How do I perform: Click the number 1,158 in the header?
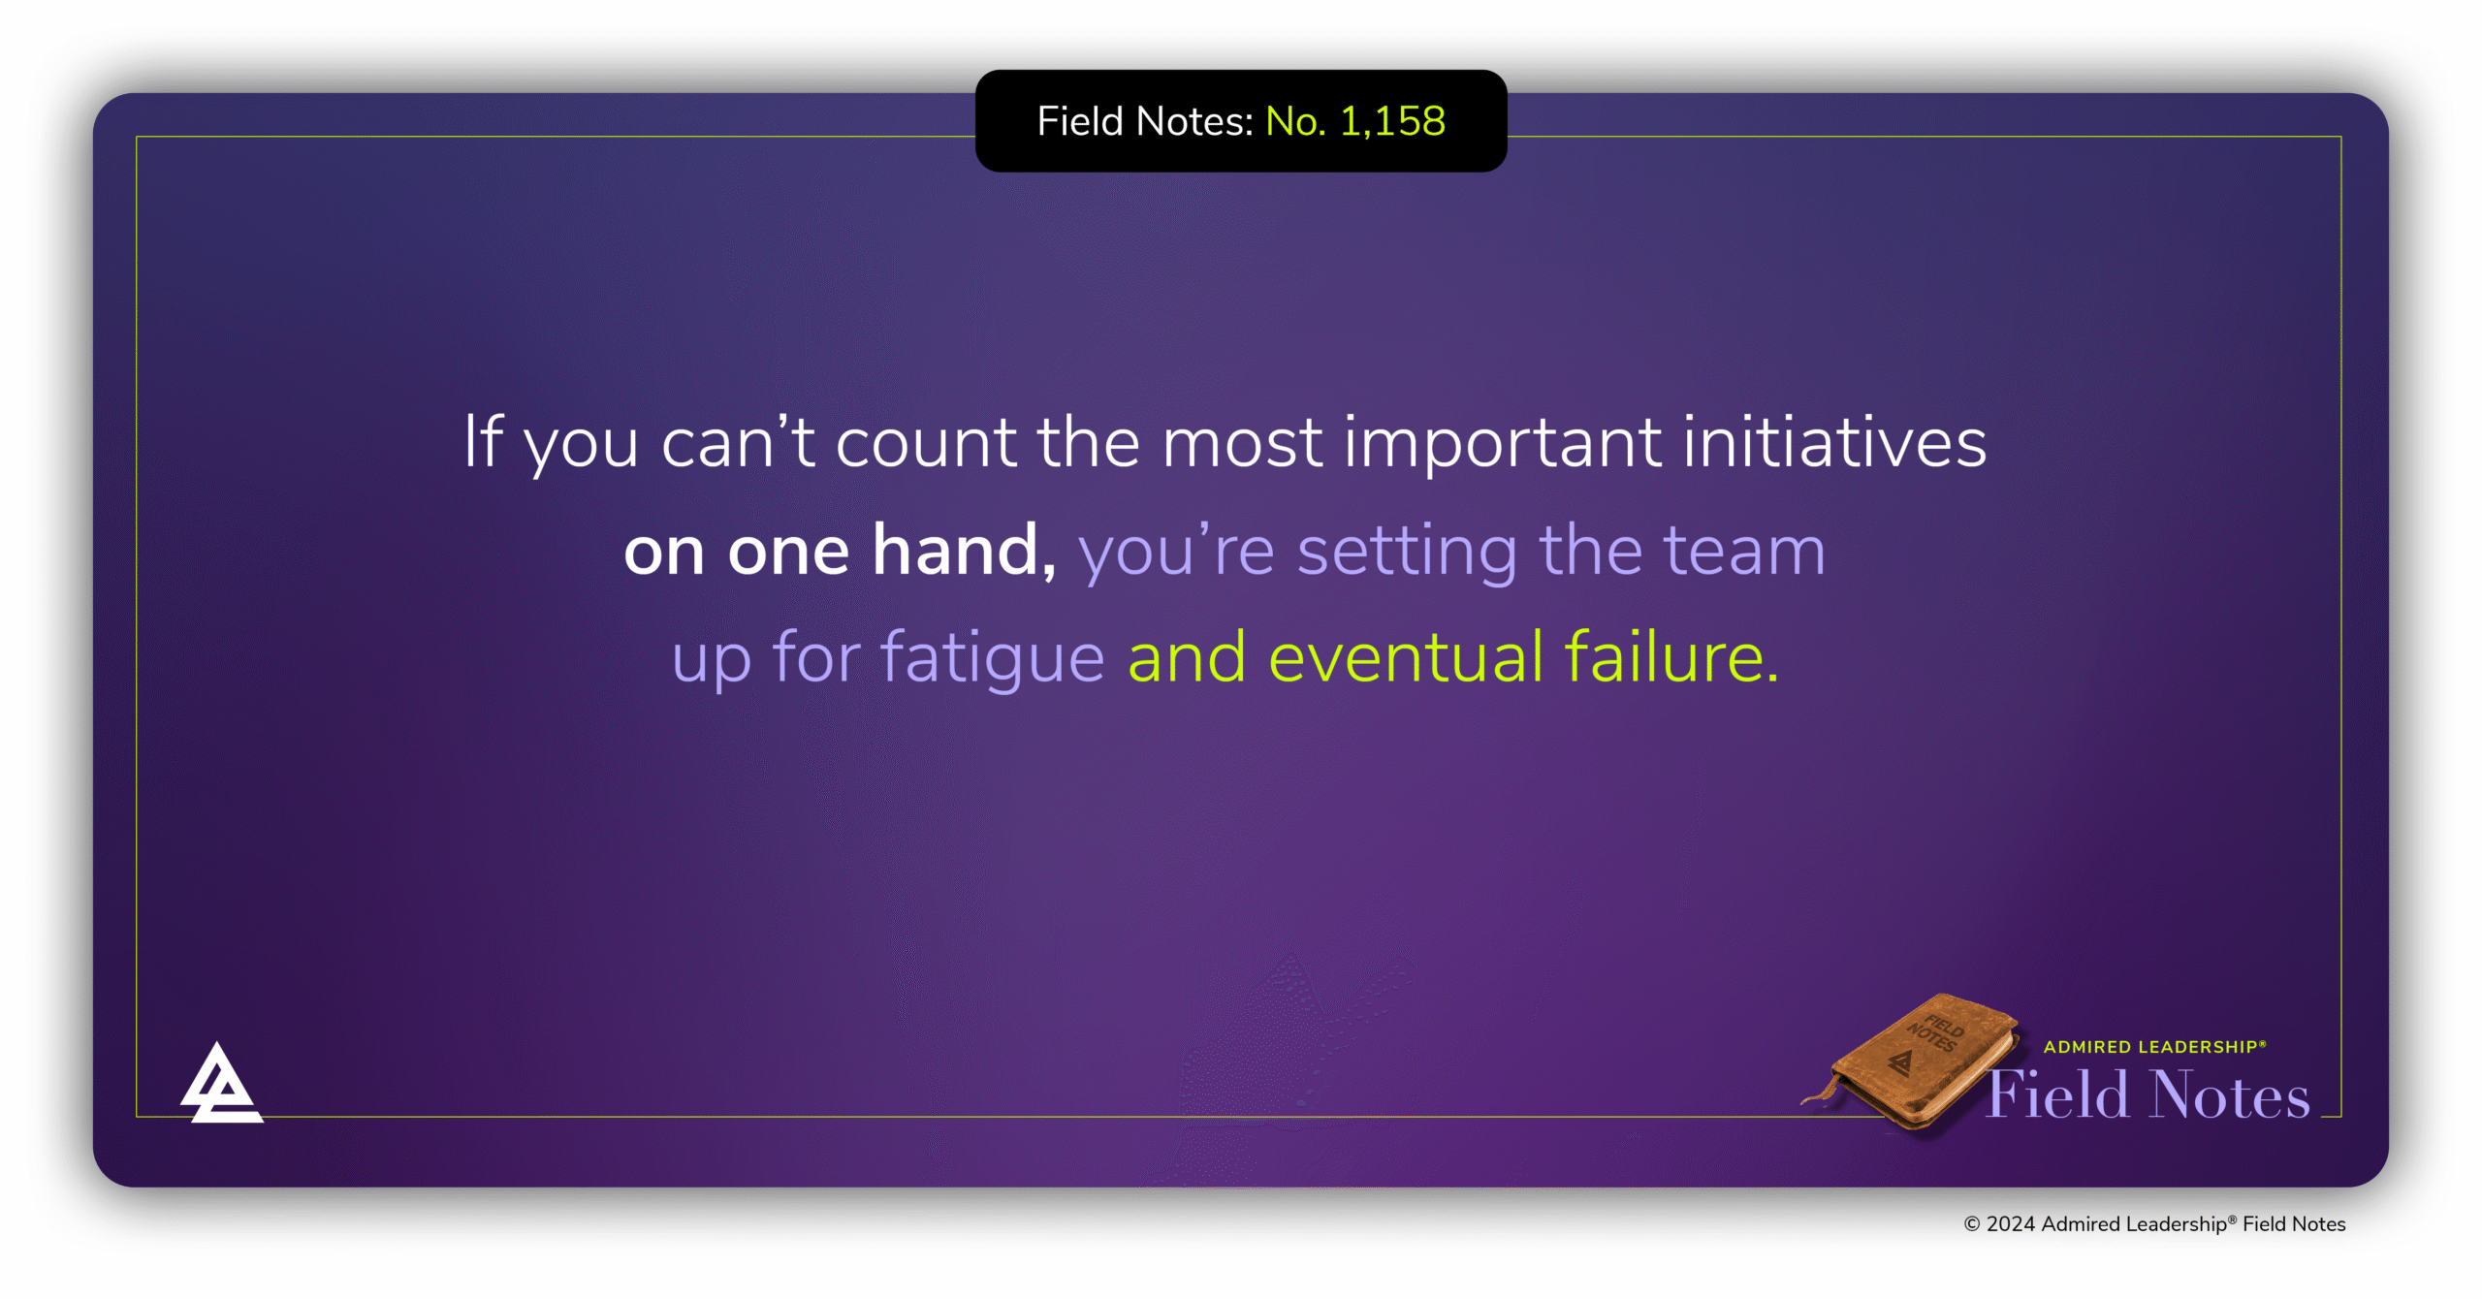1392,121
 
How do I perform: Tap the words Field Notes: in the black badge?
1145,121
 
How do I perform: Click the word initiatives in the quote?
1834,442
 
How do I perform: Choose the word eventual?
1406,657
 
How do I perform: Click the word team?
1745,551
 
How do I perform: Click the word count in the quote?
926,443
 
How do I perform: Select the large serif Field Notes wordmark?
2148,1095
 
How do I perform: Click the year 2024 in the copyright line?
2010,1224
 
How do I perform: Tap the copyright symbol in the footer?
1971,1224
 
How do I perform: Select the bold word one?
788,551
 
